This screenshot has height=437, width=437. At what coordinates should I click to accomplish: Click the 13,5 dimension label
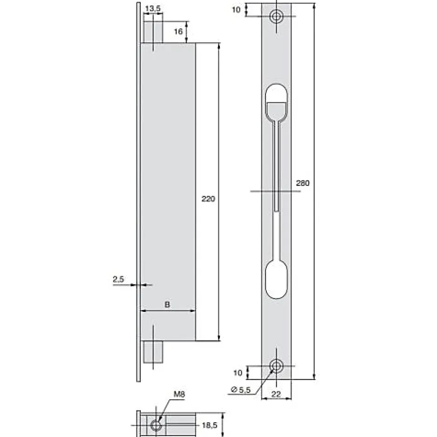[152, 8]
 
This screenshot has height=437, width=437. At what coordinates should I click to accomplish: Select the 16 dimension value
[178, 32]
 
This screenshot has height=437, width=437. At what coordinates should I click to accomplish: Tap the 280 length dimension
[303, 183]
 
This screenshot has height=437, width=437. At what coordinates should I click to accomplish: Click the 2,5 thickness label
[118, 279]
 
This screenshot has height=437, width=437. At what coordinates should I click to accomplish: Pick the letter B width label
[167, 305]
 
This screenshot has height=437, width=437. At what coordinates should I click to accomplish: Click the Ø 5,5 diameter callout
[241, 390]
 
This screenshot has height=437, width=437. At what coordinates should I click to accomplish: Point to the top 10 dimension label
[236, 9]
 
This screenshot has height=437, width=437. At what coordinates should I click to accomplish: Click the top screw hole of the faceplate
[277, 17]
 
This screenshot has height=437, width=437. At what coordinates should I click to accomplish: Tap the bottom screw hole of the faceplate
[277, 366]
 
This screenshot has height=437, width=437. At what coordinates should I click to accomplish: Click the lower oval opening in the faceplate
[276, 279]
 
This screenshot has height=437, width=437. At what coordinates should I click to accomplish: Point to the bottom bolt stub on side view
[153, 352]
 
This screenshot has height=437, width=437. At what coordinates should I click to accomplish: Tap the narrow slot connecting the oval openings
[276, 186]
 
